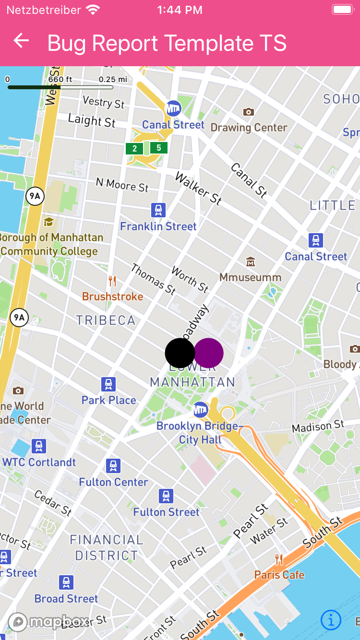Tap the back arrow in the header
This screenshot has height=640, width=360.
click(21, 41)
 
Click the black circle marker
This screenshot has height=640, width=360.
click(180, 353)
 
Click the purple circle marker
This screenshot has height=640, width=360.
click(209, 353)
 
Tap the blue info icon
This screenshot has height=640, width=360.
click(331, 620)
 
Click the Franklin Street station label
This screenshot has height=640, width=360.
click(158, 226)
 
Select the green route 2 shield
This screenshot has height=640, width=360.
click(134, 149)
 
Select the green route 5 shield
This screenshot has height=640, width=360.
click(159, 148)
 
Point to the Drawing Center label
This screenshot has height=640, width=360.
click(249, 128)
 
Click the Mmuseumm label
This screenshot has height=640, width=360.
click(250, 277)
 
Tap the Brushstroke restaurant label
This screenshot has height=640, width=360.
click(113, 296)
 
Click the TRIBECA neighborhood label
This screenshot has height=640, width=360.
click(106, 320)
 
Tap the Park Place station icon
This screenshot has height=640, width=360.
click(109, 384)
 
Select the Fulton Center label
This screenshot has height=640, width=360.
click(114, 482)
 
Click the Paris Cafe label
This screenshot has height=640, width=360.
click(279, 575)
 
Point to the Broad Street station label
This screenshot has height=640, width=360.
click(66, 599)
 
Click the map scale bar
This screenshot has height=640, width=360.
click(60, 87)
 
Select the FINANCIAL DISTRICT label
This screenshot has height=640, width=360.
click(107, 547)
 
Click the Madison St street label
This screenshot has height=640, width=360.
click(318, 426)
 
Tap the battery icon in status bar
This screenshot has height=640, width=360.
click(343, 10)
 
